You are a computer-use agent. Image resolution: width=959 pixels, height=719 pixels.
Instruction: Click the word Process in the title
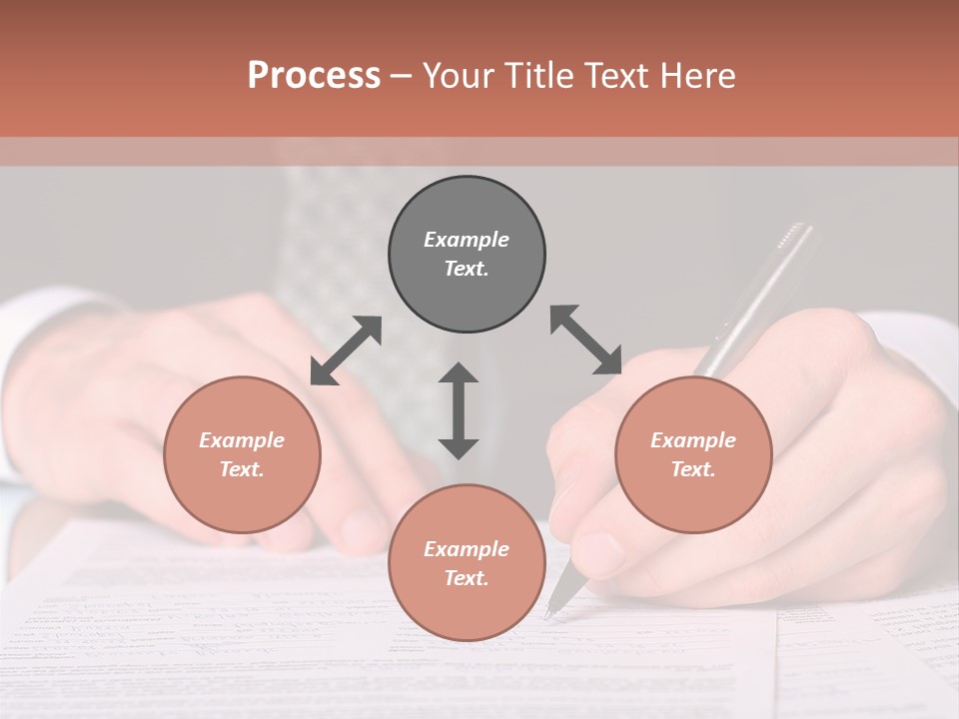pos(314,76)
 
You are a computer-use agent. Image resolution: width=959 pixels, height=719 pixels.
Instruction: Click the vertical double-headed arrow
pos(459,410)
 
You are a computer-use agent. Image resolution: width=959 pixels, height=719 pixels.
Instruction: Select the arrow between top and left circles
pos(346,351)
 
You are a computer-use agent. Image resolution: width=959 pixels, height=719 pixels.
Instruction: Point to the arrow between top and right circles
pos(586,341)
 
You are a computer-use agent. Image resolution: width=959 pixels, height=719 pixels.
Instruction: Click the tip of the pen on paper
pos(548,615)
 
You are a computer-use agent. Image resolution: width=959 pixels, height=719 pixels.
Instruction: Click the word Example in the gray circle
pos(467,240)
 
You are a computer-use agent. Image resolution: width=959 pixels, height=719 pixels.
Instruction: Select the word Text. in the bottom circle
pos(467,578)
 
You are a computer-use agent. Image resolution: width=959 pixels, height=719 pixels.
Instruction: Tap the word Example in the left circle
pos(242,440)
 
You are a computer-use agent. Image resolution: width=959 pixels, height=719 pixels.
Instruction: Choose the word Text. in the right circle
pos(693,469)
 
